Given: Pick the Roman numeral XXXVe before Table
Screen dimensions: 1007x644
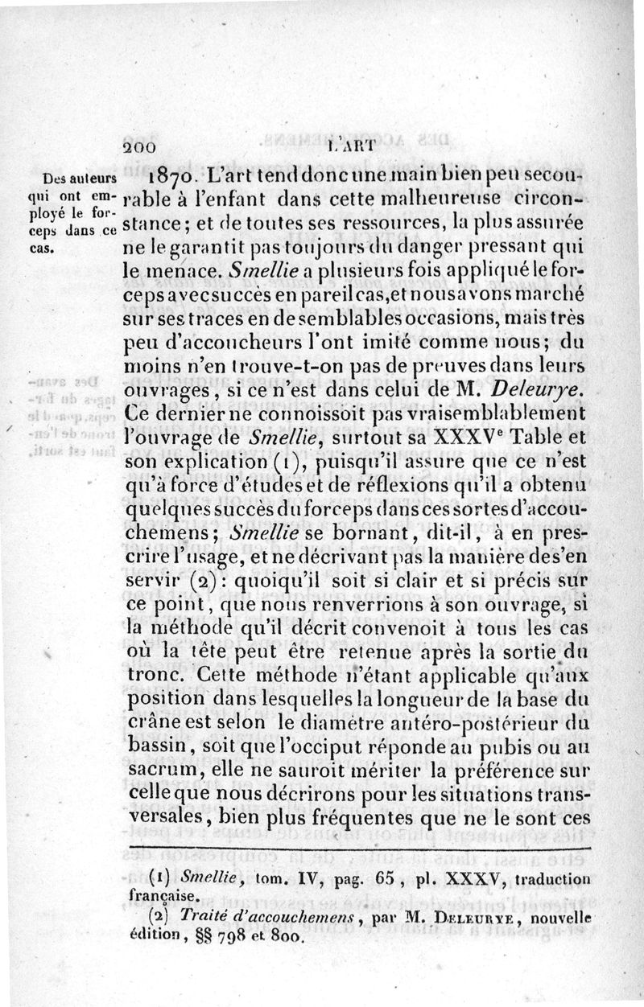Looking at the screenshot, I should click(460, 438).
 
